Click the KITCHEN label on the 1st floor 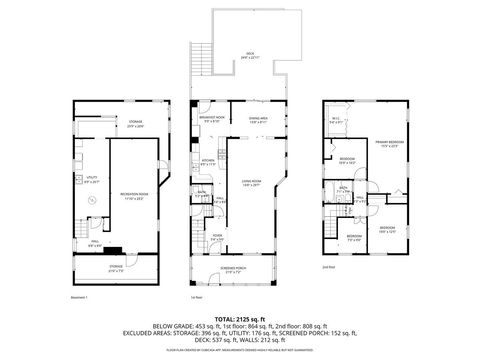tap(208, 162)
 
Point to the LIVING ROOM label tap(251, 183)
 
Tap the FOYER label tap(217, 237)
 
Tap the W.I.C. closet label tap(336, 121)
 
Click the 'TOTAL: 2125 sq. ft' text tap(239, 318)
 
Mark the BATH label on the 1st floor tap(201, 192)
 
